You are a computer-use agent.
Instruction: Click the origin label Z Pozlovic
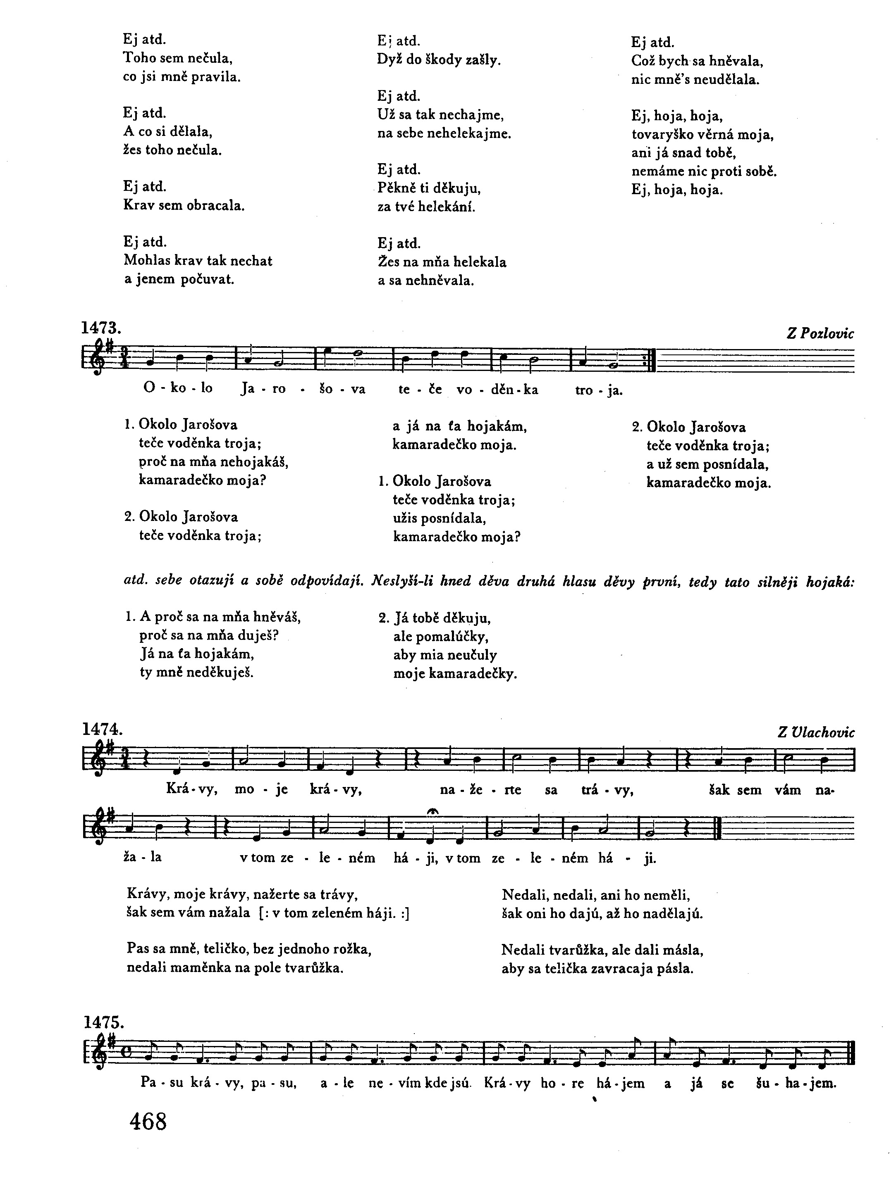[820, 334]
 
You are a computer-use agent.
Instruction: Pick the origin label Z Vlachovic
[816, 732]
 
